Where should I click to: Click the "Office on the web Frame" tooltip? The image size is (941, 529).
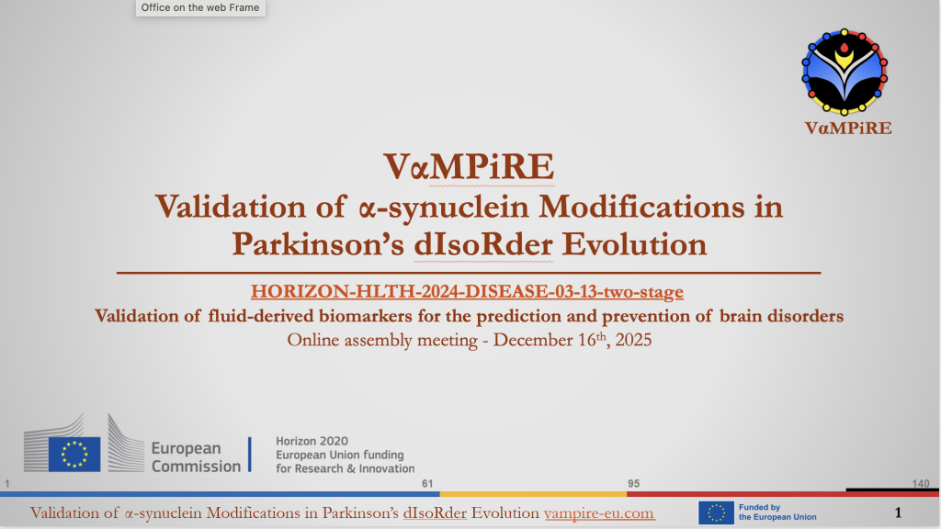200,7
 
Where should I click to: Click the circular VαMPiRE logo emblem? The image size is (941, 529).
845,72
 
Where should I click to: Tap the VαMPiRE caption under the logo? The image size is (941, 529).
848,129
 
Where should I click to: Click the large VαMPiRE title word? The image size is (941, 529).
469,166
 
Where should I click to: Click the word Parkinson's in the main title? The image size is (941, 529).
318,244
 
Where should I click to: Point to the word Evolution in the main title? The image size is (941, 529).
634,244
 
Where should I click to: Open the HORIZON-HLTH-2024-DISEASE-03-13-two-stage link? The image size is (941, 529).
467,291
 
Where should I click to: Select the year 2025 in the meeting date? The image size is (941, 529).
633,340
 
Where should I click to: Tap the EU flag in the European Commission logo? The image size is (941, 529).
74,454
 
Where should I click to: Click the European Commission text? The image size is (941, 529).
196,457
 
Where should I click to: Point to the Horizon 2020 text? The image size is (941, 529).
312,441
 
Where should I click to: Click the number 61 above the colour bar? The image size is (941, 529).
427,483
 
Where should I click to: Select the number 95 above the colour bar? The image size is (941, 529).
634,483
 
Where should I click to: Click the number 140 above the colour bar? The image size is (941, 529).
921,483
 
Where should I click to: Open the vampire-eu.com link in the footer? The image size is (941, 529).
599,513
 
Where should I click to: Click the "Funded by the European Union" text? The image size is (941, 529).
777,512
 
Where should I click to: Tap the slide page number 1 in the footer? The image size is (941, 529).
898,512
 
